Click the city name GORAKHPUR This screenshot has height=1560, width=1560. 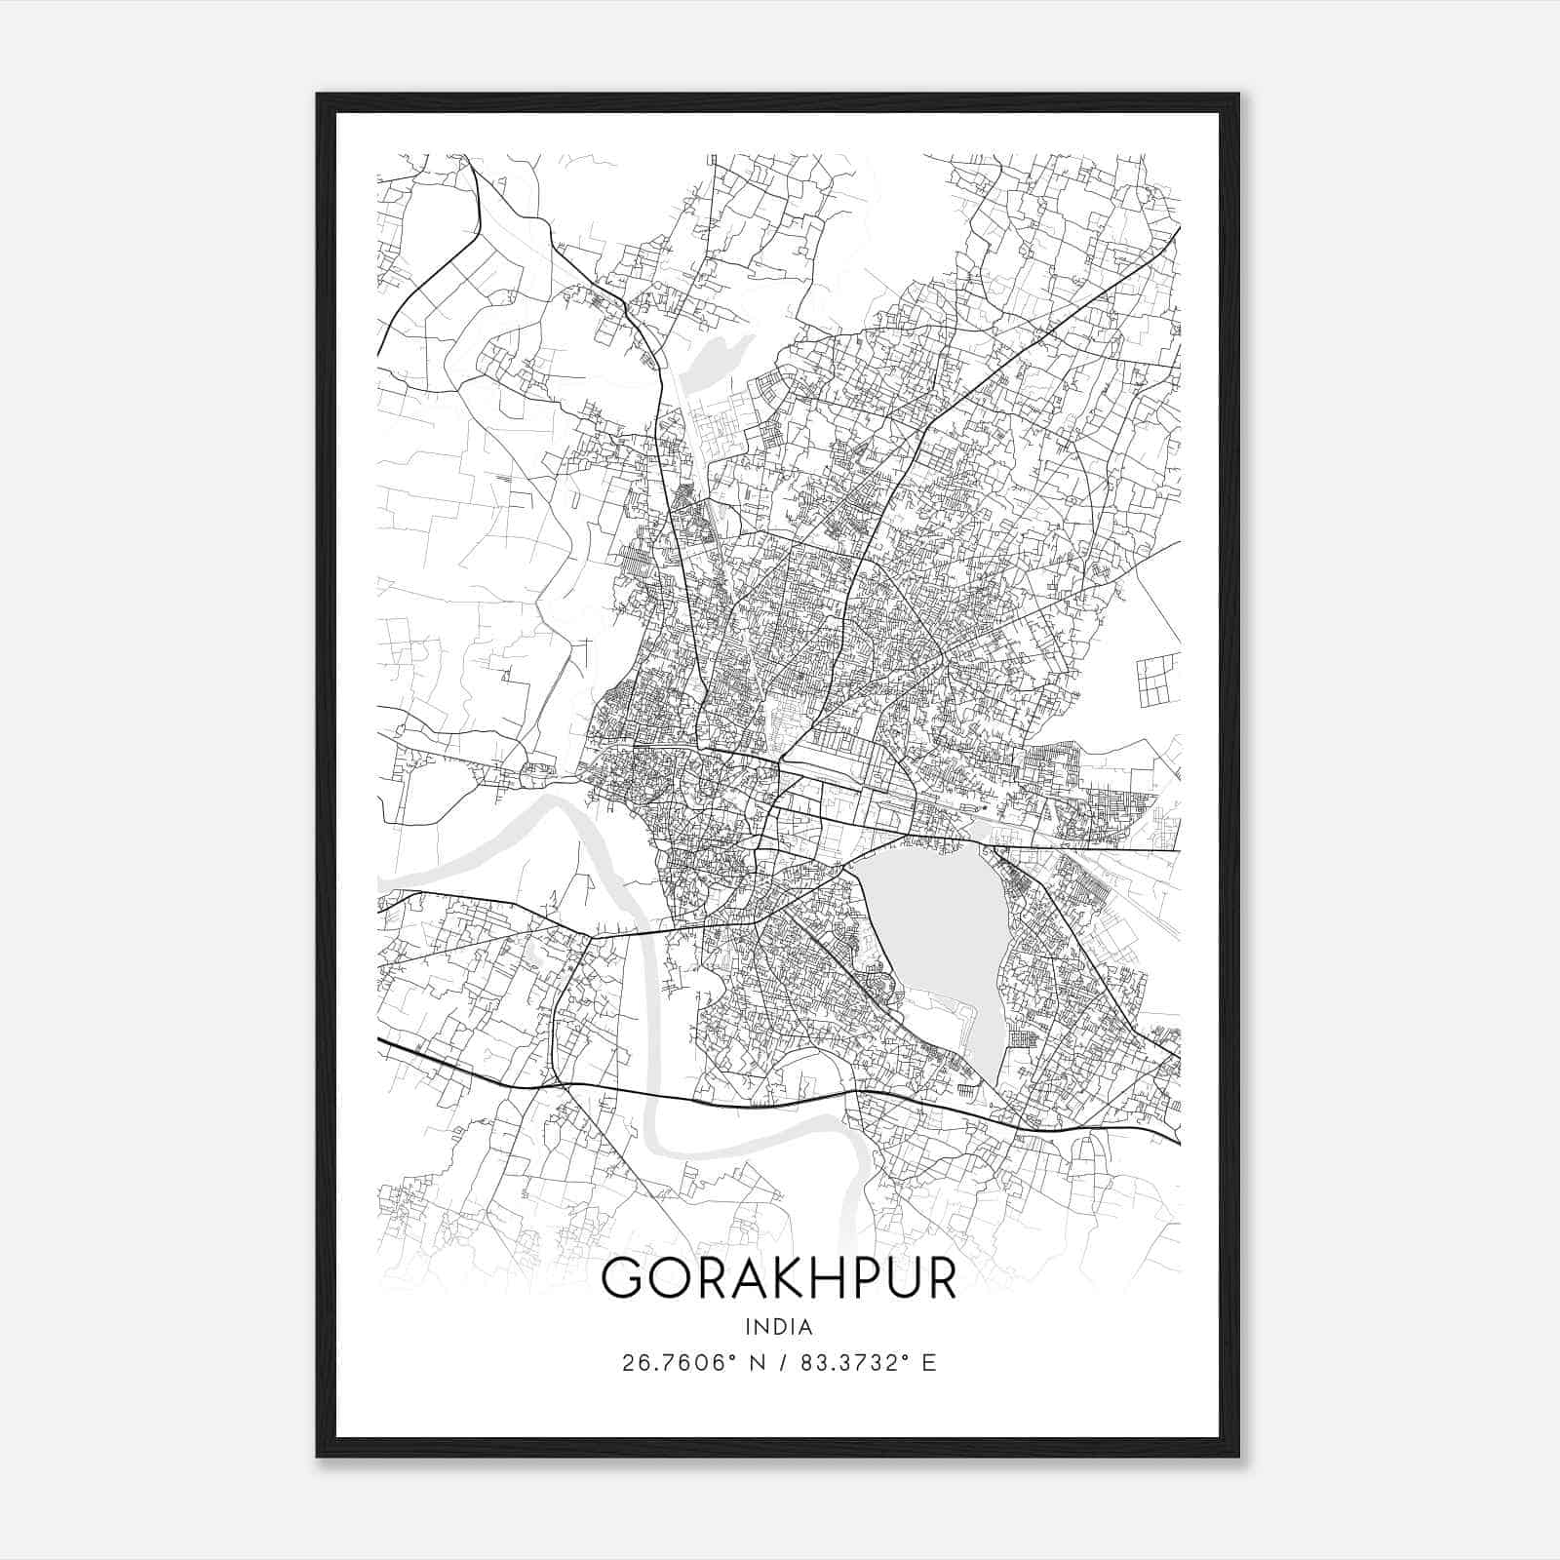[779, 1278]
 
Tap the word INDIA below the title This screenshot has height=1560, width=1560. [779, 1327]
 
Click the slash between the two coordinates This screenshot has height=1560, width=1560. [782, 1363]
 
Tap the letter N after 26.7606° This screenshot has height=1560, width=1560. [756, 1363]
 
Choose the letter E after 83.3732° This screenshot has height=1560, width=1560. [929, 1363]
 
